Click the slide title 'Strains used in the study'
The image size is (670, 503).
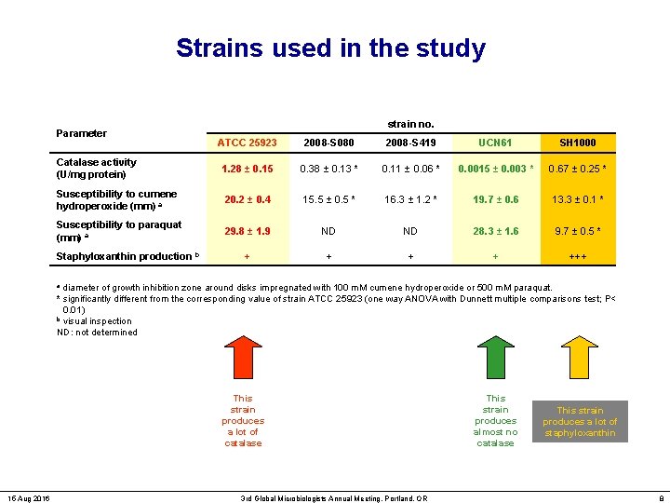click(x=330, y=48)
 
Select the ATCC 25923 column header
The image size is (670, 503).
click(x=247, y=143)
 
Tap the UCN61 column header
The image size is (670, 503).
click(x=495, y=143)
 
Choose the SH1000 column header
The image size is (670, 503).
click(x=577, y=143)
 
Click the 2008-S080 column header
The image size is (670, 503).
click(x=328, y=143)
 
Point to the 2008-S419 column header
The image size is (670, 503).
click(x=411, y=143)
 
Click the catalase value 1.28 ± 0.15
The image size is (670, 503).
click(x=247, y=169)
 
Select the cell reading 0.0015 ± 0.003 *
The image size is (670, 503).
click(x=495, y=169)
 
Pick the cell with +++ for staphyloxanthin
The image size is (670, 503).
click(x=577, y=255)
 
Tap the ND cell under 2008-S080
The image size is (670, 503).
click(x=328, y=231)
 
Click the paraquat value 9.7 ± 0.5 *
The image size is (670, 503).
click(x=577, y=231)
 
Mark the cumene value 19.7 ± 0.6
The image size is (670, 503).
click(x=495, y=199)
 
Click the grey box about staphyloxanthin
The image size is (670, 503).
click(x=580, y=422)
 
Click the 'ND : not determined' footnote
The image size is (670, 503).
click(x=97, y=333)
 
